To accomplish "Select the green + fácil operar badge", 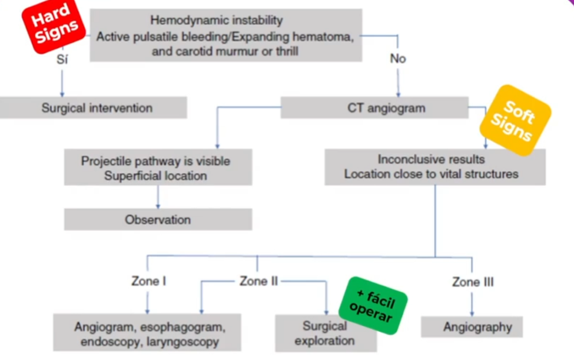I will click(373, 305).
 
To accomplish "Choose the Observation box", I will click(158, 220).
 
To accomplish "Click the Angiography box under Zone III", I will click(472, 326).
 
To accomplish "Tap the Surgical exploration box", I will click(325, 333).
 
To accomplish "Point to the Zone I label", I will click(148, 281).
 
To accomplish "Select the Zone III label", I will click(473, 282).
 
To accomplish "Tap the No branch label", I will click(398, 58).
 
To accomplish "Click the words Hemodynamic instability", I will click(217, 21).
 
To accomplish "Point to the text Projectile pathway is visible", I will click(155, 161).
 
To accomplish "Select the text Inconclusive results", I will click(431, 159).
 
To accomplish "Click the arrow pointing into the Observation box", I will click(158, 204).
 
